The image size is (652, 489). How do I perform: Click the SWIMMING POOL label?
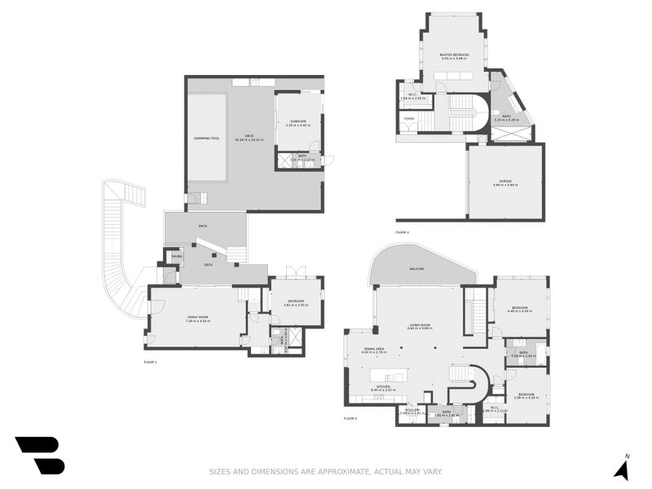[206, 139]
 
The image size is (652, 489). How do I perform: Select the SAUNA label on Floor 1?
[177, 257]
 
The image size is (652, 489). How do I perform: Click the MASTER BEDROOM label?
[455, 55]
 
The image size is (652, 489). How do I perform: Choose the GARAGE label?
[505, 181]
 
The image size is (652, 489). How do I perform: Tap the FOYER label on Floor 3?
[409, 118]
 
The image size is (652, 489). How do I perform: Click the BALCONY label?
[416, 268]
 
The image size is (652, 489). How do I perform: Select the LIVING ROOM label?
[421, 324]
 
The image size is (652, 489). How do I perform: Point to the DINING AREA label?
[373, 348]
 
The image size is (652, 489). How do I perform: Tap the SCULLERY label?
[408, 410]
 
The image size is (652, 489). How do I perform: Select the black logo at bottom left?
[39, 456]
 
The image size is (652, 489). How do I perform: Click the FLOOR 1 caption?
[150, 361]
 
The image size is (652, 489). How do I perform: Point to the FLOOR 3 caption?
[402, 232]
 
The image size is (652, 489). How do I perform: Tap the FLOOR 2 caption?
[350, 418]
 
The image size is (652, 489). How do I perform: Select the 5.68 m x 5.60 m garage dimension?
[505, 186]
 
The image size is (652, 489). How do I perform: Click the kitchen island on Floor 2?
[390, 377]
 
